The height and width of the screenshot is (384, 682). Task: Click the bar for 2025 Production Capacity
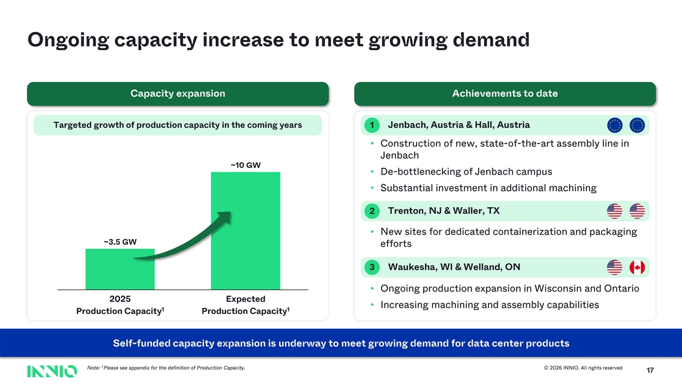click(x=120, y=269)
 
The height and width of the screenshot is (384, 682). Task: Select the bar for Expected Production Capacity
click(x=246, y=231)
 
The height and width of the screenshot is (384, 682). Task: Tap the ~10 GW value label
click(x=246, y=165)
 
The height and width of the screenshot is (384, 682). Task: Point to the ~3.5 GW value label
click(x=120, y=242)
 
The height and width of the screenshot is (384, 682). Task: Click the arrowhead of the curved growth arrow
click(x=225, y=216)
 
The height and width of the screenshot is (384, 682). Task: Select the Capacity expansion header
click(x=178, y=93)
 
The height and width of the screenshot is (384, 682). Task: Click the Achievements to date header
click(x=505, y=93)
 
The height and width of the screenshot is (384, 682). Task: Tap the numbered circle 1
click(x=372, y=125)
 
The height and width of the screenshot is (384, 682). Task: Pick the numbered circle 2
click(x=372, y=211)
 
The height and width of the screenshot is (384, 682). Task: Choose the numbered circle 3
click(x=372, y=267)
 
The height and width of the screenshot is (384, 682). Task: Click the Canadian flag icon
click(x=637, y=267)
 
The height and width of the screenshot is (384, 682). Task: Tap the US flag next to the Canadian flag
click(x=614, y=267)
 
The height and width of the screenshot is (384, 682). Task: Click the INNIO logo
click(x=52, y=371)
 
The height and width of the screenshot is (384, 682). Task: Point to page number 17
click(x=650, y=370)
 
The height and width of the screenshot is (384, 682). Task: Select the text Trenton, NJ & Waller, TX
click(x=444, y=211)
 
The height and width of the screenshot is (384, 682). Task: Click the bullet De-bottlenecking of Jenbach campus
click(x=466, y=172)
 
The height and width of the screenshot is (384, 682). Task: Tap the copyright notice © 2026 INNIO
click(x=583, y=368)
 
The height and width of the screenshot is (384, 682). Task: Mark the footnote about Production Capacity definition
click(x=166, y=368)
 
